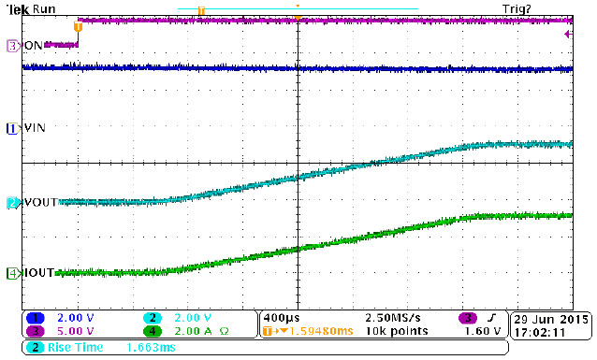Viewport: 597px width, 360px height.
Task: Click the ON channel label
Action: pyautogui.click(x=34, y=45)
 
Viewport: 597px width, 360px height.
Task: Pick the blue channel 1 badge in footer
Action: pyautogui.click(x=34, y=318)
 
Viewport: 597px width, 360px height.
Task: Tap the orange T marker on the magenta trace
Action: pyautogui.click(x=79, y=26)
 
